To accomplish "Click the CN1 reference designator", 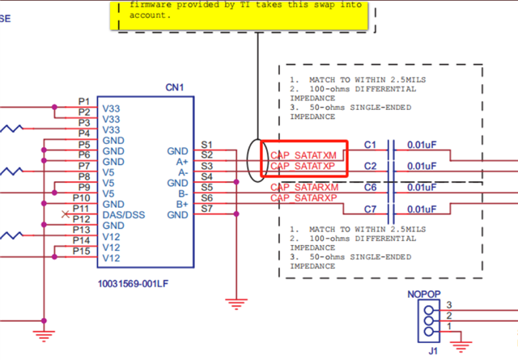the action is pos(175,87).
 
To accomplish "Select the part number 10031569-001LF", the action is pos(133,284).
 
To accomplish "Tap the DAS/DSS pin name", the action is pos(124,215).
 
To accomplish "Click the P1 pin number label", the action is pos(84,101).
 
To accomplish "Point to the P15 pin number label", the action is pos(81,252).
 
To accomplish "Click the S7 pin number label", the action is pos(207,209).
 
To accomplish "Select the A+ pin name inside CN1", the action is pos(182,162).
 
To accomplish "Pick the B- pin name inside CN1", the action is pos(183,193).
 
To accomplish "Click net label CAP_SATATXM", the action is pos(304,155).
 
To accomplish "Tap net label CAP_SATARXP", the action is pos(304,198).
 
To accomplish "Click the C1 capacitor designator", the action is pos(370,145).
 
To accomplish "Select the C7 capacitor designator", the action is pos(370,210).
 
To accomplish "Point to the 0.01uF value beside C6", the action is pos(422,188).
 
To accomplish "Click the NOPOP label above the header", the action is pos(424,294).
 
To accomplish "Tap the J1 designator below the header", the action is pos(433,351).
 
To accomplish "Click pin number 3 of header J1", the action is pos(449,305).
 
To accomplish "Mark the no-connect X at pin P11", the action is pos(66,214).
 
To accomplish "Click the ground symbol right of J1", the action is pos(461,346).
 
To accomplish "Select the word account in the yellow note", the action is pos(150,15).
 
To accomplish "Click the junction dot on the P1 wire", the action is pos(54,107).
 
